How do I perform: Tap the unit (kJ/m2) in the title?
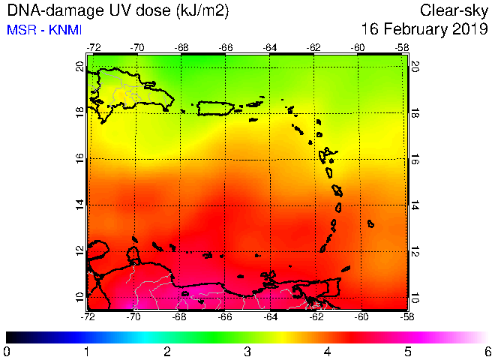click(202, 11)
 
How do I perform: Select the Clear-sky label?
click(454, 11)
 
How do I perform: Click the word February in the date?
click(415, 29)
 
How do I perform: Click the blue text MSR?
click(21, 30)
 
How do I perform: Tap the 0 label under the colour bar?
click(6, 352)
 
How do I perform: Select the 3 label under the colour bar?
click(247, 352)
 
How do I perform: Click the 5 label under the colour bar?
click(408, 352)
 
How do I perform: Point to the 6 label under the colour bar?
click(488, 352)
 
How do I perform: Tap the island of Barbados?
click(371, 223)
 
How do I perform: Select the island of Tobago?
click(346, 268)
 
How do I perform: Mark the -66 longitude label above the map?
click(226, 48)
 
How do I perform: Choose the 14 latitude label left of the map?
click(80, 205)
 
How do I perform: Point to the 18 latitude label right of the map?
click(415, 112)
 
